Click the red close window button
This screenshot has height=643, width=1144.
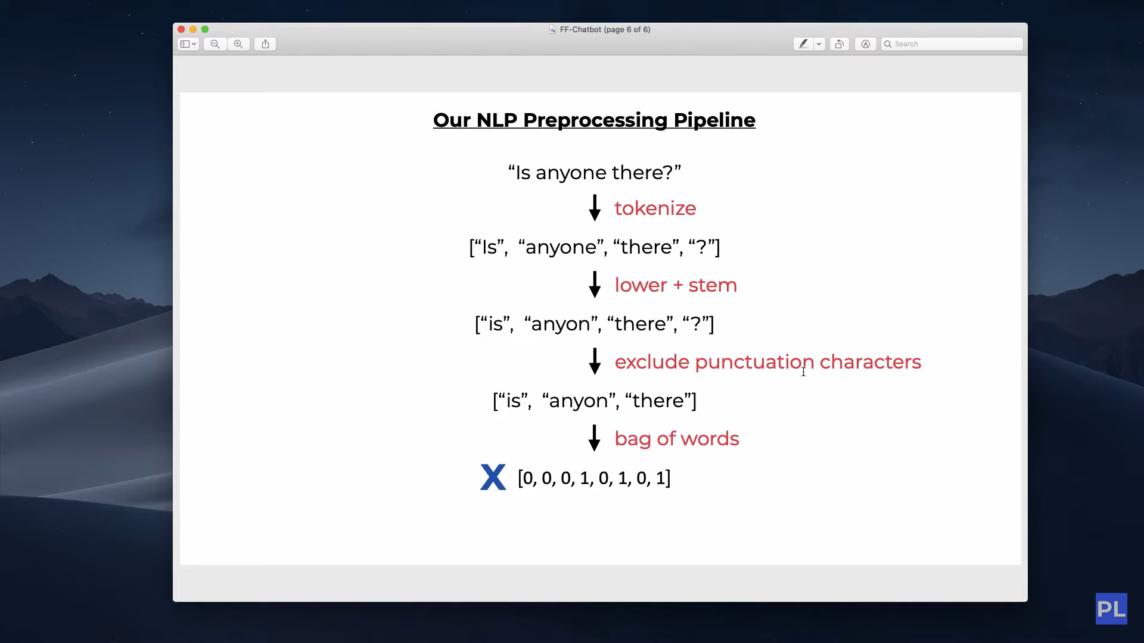pyautogui.click(x=181, y=29)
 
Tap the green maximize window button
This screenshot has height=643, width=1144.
pyautogui.click(x=205, y=29)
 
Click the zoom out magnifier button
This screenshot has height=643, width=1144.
pyautogui.click(x=215, y=44)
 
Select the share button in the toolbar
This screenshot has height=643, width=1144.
pyautogui.click(x=265, y=44)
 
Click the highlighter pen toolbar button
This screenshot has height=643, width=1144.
pyautogui.click(x=803, y=44)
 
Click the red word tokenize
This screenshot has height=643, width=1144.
pyautogui.click(x=655, y=208)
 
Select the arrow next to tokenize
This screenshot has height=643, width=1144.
pyautogui.click(x=595, y=208)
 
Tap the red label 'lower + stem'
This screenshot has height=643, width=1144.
pyautogui.click(x=676, y=285)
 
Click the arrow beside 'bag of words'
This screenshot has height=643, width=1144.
pyautogui.click(x=595, y=438)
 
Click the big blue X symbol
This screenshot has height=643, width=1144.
pyautogui.click(x=493, y=477)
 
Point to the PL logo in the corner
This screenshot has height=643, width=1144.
pyautogui.click(x=1111, y=608)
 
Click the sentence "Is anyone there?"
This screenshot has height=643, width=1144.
pyautogui.click(x=595, y=173)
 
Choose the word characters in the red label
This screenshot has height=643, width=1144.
pyautogui.click(x=871, y=362)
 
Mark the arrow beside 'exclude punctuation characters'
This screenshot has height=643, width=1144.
pyautogui.click(x=595, y=361)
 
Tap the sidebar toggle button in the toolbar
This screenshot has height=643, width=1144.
pyautogui.click(x=188, y=44)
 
